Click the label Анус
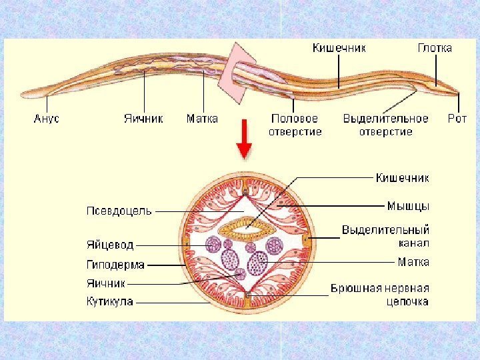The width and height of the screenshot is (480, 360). pyautogui.click(x=47, y=119)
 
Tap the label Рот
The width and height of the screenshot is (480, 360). pyautogui.click(x=457, y=119)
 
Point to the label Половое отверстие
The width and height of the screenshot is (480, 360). pyautogui.click(x=295, y=125)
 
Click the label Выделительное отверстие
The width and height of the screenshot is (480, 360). pyautogui.click(x=386, y=125)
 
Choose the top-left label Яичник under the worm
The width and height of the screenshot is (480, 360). pyautogui.click(x=143, y=119)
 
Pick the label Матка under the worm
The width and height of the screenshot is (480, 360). pyautogui.click(x=202, y=119)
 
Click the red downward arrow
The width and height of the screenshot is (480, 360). pyautogui.click(x=245, y=139)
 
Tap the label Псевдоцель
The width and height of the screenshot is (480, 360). pyautogui.click(x=119, y=211)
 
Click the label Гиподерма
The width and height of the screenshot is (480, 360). pyautogui.click(x=115, y=265)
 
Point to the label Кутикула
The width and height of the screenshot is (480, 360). pyautogui.click(x=110, y=301)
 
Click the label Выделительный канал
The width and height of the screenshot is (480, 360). pyautogui.click(x=385, y=235)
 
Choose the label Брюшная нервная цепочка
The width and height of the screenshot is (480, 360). pyautogui.click(x=380, y=295)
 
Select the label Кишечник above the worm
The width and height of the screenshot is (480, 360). pyautogui.click(x=339, y=48)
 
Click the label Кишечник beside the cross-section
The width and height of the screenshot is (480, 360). pyautogui.click(x=403, y=178)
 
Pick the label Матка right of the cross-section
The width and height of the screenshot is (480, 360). pyautogui.click(x=413, y=263)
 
